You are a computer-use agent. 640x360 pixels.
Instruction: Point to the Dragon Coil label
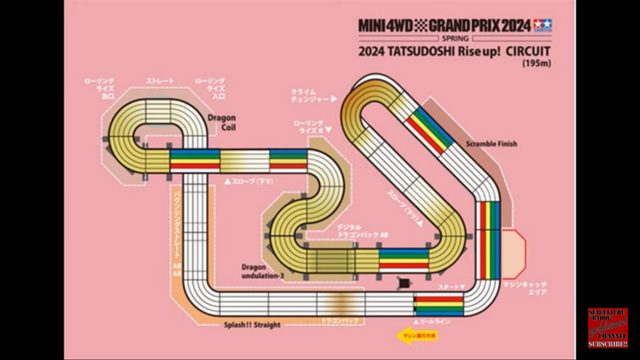tap(221, 121)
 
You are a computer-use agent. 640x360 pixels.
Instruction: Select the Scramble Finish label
tap(491, 145)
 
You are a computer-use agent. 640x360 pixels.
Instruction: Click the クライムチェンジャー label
tap(318, 95)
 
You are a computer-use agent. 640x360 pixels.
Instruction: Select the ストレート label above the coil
tap(160, 80)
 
